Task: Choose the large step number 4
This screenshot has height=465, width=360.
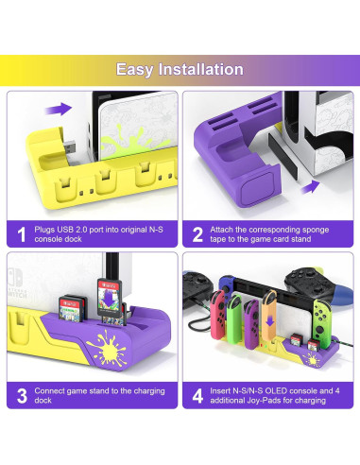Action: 197,395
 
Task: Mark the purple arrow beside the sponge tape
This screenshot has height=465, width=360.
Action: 307,186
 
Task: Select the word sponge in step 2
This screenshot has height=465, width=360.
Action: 321,228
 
